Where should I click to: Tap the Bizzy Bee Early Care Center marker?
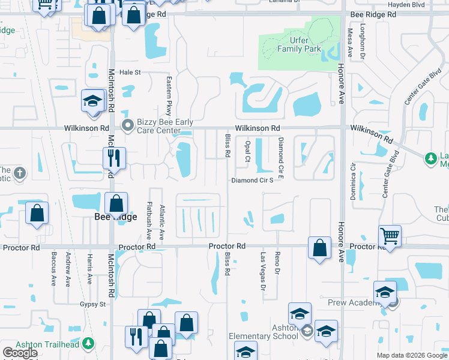(x=127, y=125)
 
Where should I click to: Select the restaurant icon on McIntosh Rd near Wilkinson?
(x=114, y=159)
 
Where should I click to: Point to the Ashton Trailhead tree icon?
(x=89, y=343)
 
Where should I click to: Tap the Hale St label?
(x=129, y=72)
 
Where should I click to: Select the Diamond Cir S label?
(x=252, y=180)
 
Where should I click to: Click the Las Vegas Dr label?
(x=262, y=271)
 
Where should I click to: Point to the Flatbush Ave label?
(x=149, y=218)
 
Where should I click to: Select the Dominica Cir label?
(x=354, y=181)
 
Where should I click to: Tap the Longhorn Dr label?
(x=363, y=41)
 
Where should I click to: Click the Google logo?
(x=20, y=353)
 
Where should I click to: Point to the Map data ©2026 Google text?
(x=411, y=355)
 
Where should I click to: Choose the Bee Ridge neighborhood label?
(x=116, y=217)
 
